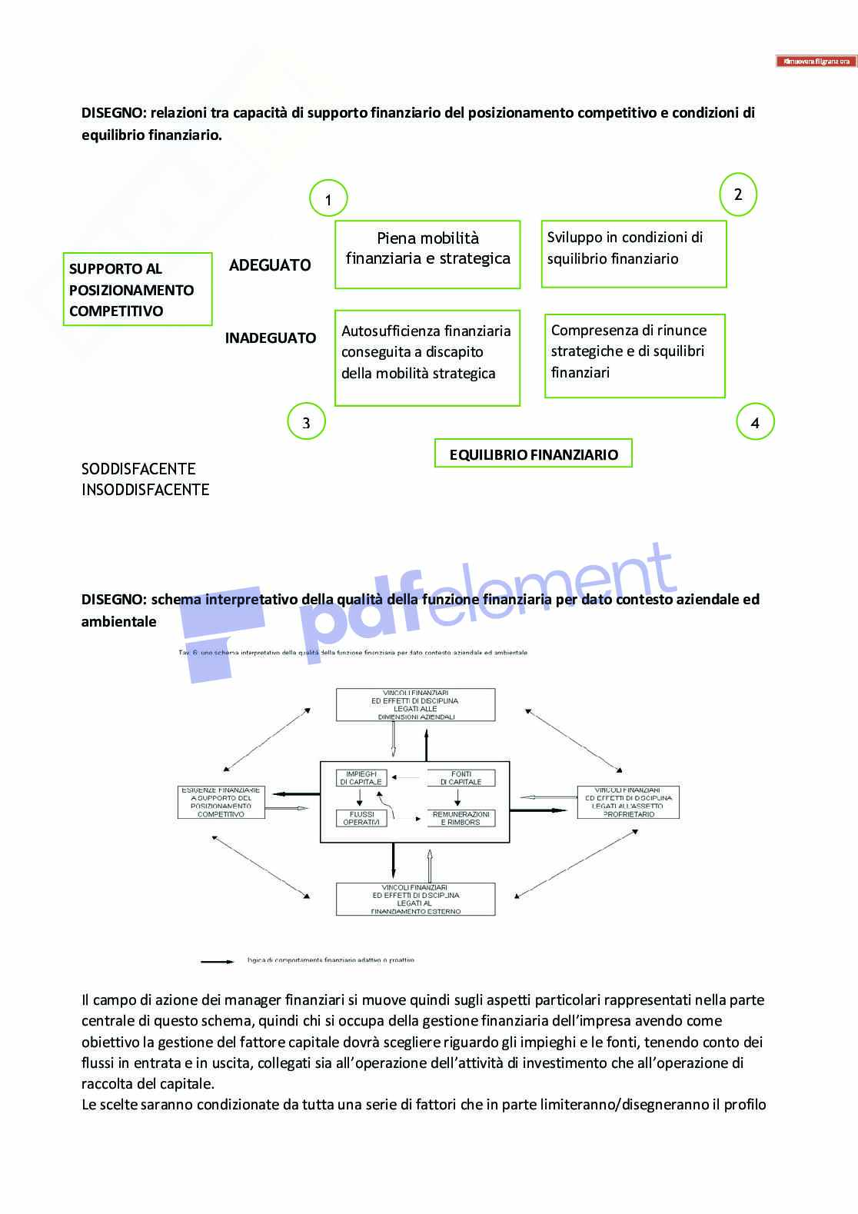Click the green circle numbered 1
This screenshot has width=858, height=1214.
pos(328,199)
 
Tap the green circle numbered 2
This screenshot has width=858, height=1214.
pos(738,194)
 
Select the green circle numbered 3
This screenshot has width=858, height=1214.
pos(306,422)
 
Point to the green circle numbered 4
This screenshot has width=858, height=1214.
pos(755,422)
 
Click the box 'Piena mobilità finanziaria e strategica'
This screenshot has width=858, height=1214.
pos(427,254)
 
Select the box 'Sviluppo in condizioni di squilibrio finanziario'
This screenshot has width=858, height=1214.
pos(634,254)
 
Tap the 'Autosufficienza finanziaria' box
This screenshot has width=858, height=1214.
pos(427,358)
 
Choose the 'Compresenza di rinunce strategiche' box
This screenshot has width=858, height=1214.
pos(634,356)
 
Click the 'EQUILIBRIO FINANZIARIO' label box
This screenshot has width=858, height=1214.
pos(534,454)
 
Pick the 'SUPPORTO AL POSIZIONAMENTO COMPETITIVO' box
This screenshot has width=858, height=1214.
pos(137,289)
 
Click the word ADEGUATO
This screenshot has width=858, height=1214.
pos(270,265)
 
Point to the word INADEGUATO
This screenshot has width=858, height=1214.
pos(271,338)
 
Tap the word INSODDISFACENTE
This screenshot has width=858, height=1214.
pos(145,490)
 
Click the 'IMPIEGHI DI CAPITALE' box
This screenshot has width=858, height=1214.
pos(361,778)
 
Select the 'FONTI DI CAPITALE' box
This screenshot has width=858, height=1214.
pos(461,778)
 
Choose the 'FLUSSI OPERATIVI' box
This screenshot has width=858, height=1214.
pos(361,818)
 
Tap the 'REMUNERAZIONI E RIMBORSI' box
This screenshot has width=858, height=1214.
pos(461,818)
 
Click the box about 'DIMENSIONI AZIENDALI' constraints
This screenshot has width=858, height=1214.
pos(416,704)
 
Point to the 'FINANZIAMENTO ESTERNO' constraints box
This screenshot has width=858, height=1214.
pos(416,900)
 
